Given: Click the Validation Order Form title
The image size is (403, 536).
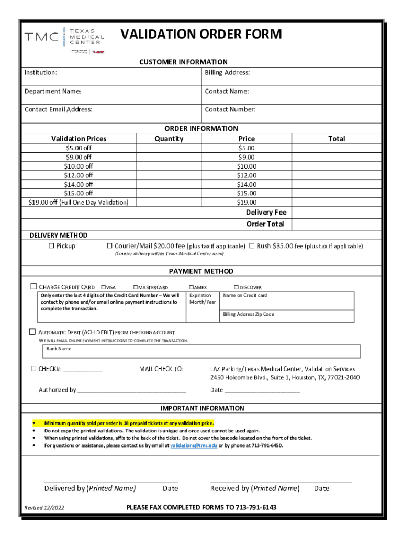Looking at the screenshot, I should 201,35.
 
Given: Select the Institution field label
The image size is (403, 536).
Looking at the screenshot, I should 41,73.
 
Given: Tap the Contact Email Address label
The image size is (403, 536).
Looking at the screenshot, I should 58,109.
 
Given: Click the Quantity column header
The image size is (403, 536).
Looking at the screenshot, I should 169,139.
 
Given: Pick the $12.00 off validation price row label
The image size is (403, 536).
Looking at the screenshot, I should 79,175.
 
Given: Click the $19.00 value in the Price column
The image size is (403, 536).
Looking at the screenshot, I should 246,202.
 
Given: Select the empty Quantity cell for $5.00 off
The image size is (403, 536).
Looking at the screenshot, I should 169,148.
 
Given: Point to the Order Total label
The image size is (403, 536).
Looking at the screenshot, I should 265,224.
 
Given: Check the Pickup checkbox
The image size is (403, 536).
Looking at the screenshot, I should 51,246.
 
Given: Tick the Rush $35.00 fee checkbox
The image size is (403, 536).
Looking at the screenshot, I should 252,246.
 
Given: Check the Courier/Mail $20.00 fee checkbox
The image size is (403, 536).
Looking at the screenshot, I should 110,246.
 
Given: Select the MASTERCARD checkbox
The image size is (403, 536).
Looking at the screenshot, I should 136,287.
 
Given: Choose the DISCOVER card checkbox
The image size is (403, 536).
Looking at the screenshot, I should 236,287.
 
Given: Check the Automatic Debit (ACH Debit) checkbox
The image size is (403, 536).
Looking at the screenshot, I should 32,332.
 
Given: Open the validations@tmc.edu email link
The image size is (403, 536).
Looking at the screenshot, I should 194,445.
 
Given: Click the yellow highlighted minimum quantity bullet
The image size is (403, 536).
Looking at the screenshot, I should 129,422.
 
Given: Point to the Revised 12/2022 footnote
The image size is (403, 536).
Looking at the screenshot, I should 44,508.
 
